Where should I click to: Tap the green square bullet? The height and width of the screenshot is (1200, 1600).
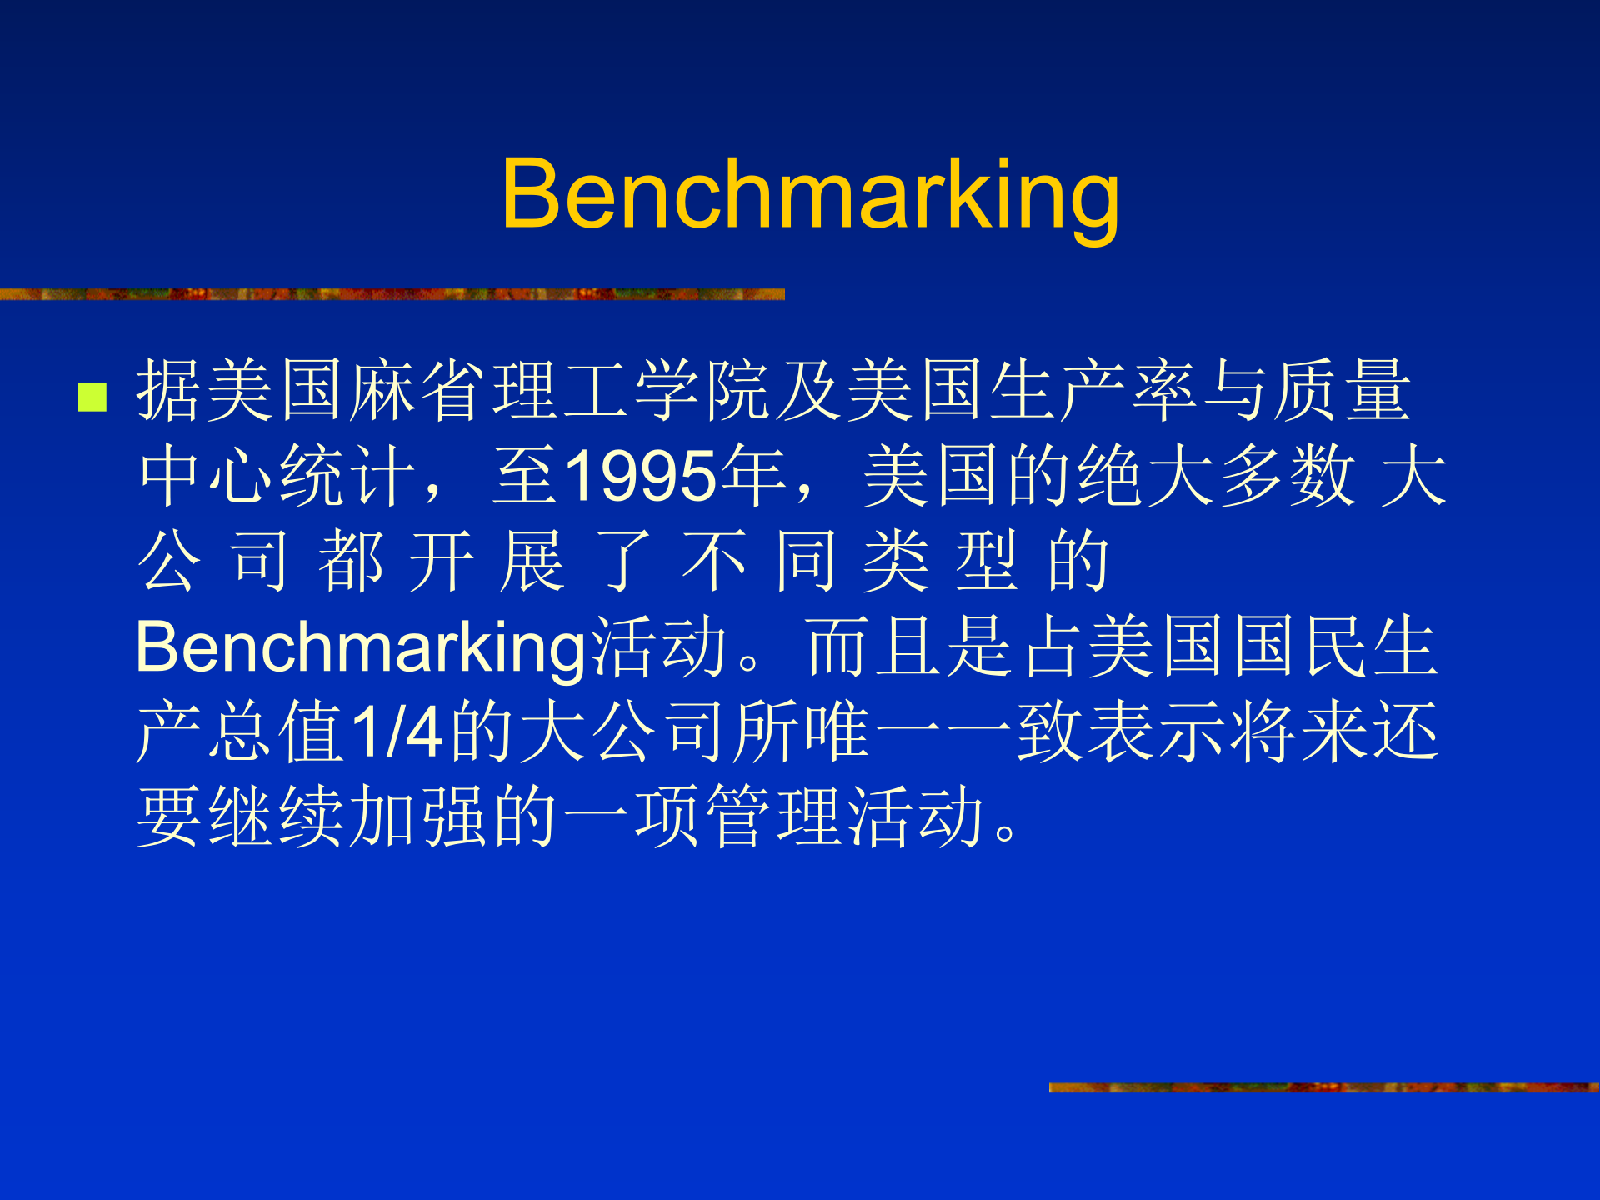pyautogui.click(x=92, y=397)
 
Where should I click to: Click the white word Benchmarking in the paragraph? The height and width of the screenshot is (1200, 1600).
pyautogui.click(x=362, y=647)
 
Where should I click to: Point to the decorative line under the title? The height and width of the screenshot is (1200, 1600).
pyautogui.click(x=392, y=294)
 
